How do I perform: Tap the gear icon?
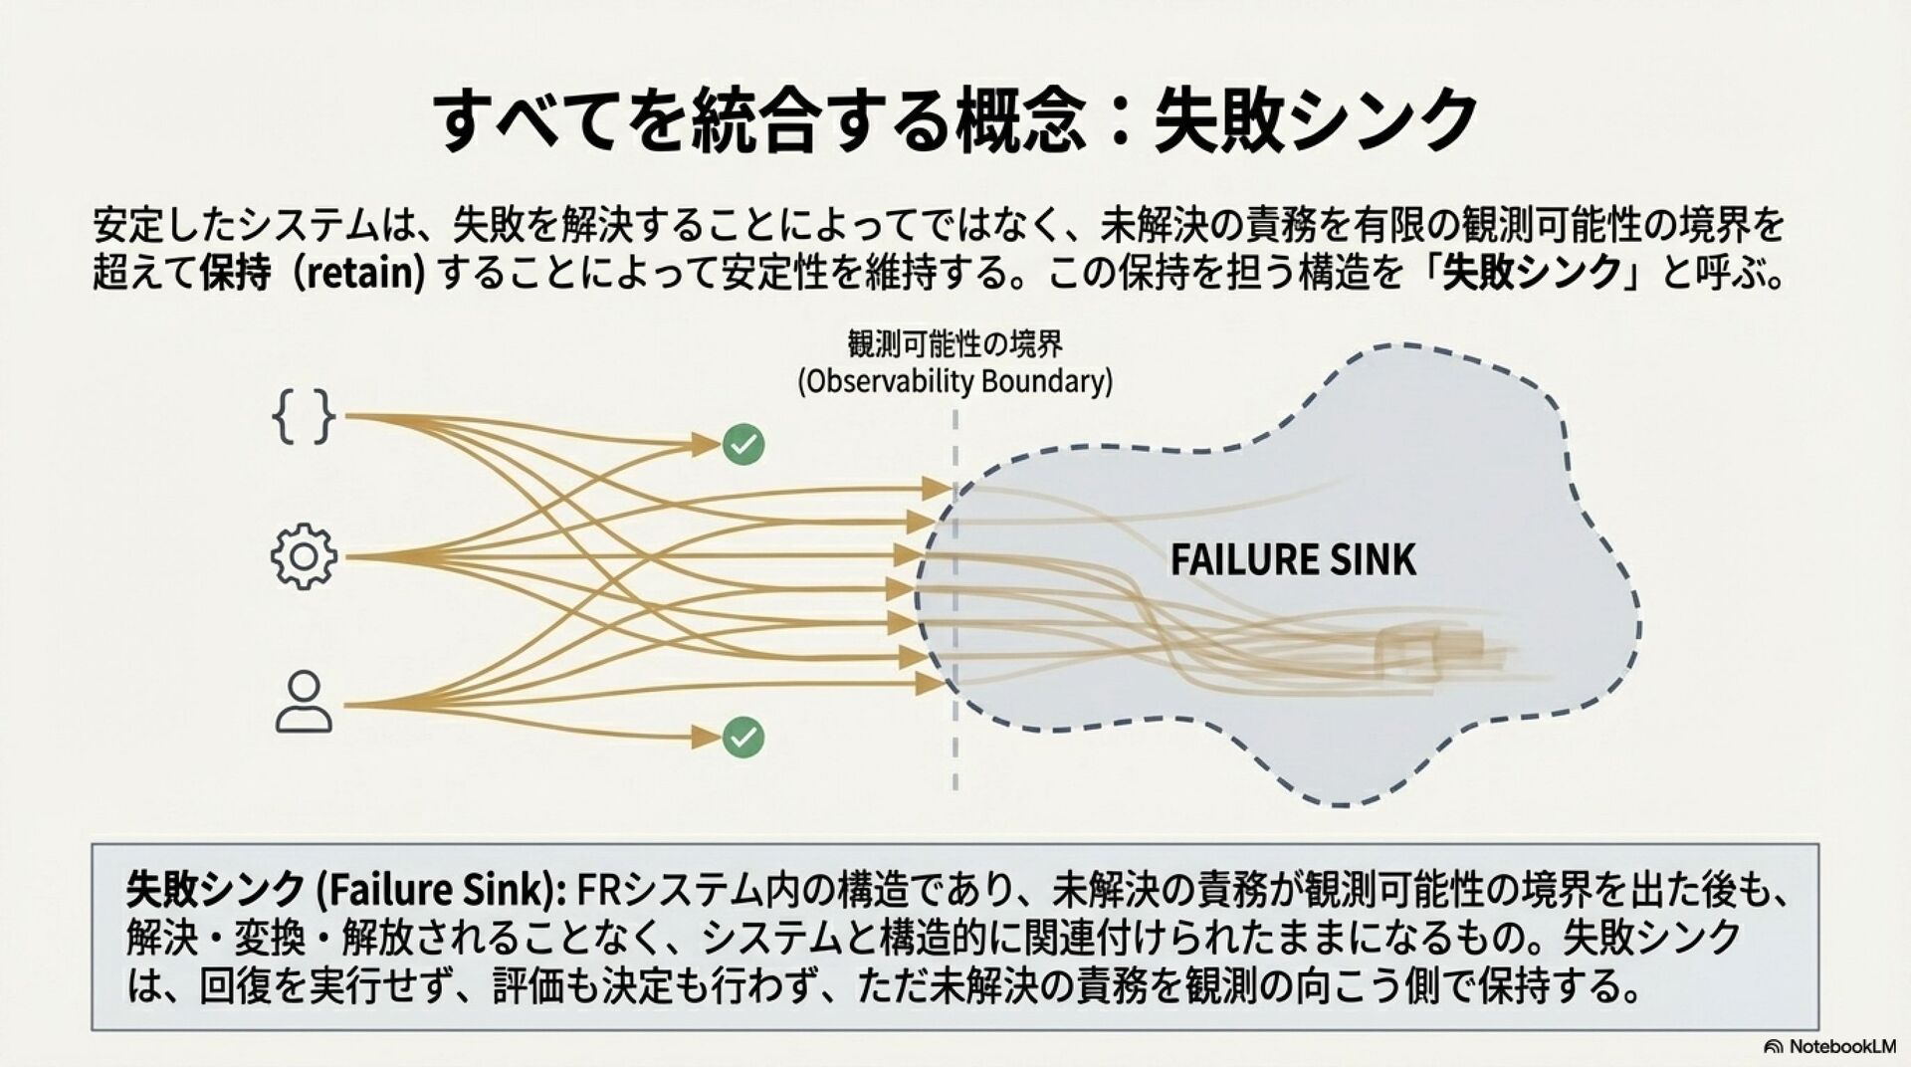coord(304,556)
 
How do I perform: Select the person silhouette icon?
coord(304,703)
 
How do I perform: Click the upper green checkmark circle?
coord(743,444)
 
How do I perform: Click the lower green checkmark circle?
coord(743,737)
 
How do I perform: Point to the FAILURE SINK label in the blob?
coord(1292,559)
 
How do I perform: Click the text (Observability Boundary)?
coord(955,382)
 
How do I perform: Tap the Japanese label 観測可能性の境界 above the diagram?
coord(955,344)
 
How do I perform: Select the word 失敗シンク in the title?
coord(1315,119)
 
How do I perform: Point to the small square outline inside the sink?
coord(1403,652)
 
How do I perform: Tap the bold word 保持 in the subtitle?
coord(235,272)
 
